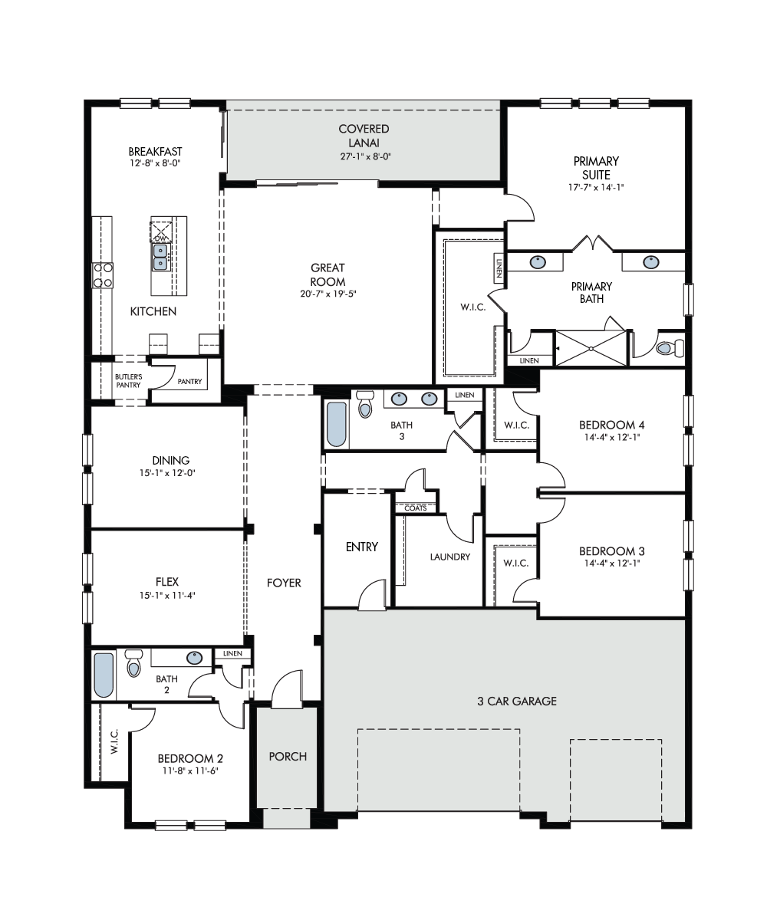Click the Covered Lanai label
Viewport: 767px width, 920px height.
click(x=364, y=136)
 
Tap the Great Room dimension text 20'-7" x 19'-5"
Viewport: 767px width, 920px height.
click(x=328, y=294)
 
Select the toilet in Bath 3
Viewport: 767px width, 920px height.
click(x=365, y=403)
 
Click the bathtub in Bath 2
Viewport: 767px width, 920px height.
click(x=104, y=675)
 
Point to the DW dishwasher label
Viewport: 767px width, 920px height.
click(x=161, y=238)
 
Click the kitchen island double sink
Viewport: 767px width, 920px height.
click(x=160, y=258)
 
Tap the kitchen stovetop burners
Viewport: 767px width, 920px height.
click(x=102, y=275)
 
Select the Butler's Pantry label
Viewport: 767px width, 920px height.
click(x=128, y=381)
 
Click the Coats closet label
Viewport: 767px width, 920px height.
click(x=415, y=508)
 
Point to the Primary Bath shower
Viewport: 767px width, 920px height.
click(x=591, y=348)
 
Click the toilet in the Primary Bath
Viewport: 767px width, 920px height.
click(x=670, y=348)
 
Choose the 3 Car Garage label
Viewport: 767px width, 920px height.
click(x=517, y=701)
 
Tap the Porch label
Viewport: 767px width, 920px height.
click(x=288, y=757)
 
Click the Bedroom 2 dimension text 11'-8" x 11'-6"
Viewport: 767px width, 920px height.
click(x=191, y=770)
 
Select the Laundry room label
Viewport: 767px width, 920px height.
click(x=450, y=557)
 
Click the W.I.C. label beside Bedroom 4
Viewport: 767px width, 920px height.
click(x=517, y=426)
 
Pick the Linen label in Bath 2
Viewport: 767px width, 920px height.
click(x=232, y=653)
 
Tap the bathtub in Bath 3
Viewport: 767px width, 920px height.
click(x=337, y=424)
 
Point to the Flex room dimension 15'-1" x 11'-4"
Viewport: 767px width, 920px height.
click(x=167, y=595)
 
